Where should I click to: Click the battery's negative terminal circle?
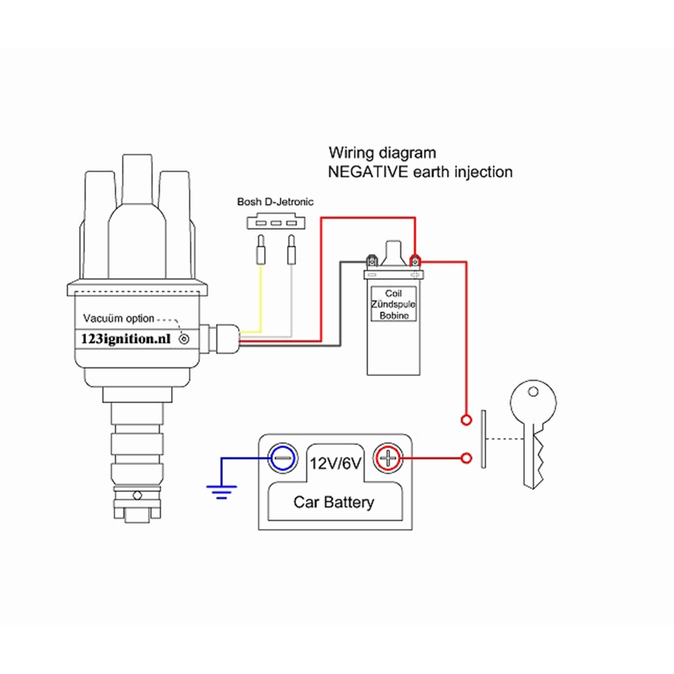pos(282,458)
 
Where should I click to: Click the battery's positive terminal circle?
pos(388,458)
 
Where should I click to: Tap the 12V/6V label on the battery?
pos(336,463)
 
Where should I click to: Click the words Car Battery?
pos(334,502)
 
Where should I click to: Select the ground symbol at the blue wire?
pos(219,489)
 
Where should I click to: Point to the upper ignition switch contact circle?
pos(465,420)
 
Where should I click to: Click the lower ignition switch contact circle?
pos(465,458)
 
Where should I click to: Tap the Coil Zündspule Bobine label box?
pos(393,304)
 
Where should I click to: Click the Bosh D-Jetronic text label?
pos(275,202)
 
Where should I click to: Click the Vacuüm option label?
pos(119,318)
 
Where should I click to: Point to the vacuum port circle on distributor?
pos(183,340)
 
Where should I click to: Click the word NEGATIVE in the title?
pos(367,172)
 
